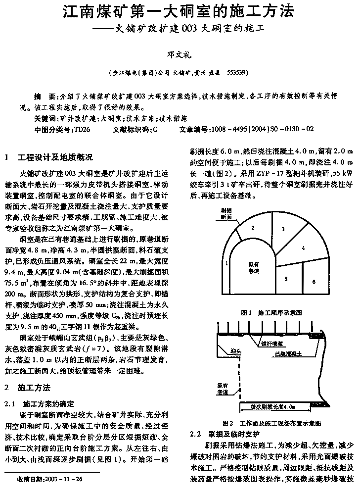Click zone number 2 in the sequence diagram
click(253, 228)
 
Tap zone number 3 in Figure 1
click(283, 229)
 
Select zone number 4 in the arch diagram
click(303, 247)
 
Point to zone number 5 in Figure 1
click(286, 279)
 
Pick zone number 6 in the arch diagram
click(314, 282)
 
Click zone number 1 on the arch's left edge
click(226, 264)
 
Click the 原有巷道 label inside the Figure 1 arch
click(253, 268)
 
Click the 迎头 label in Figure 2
click(236, 352)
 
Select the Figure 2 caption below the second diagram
click(272, 424)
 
